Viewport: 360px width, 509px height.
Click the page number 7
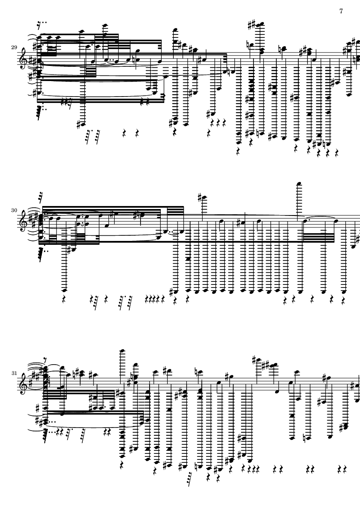pos(341,11)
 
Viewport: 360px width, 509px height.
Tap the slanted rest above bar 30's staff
pos(42,195)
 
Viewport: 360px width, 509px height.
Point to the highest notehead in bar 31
pos(125,338)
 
